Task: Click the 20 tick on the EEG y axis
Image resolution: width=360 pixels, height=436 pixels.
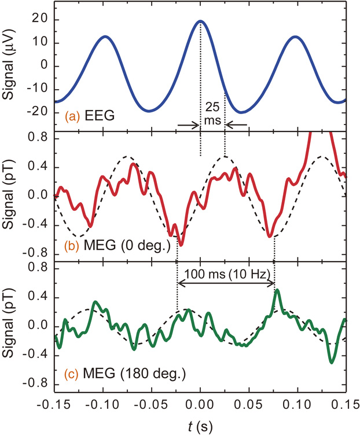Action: pos(39,20)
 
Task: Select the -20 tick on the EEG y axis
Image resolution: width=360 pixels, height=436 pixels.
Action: pos(36,112)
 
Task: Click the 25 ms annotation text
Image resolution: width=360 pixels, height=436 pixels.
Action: pos(212,113)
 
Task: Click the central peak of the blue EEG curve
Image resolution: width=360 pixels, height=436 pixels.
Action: pos(200,21)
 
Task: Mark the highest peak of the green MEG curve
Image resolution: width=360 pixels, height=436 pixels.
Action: pos(277,291)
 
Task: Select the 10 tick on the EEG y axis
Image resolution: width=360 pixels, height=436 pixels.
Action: pos(39,43)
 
